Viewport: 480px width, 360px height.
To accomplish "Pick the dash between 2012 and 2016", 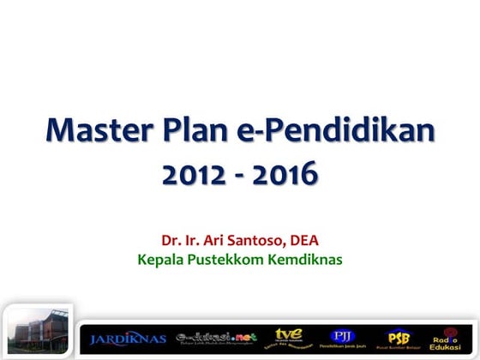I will click(241, 176).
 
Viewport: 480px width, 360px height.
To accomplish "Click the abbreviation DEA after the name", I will click(303, 240).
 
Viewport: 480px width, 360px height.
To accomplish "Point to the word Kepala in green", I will click(160, 258).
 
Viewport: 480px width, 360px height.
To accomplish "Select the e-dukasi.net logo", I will click(216, 338).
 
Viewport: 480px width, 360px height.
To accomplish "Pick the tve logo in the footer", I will click(287, 337).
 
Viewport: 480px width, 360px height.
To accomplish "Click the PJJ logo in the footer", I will click(343, 337).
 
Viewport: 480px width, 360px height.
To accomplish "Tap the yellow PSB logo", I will click(398, 337).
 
